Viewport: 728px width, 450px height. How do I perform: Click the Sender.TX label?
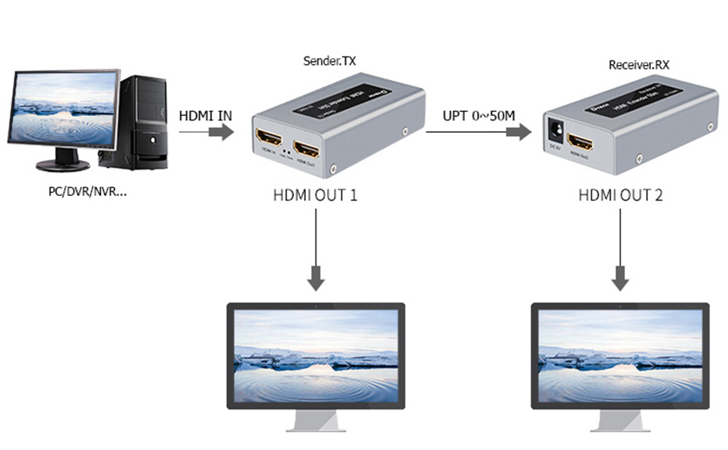[329, 60]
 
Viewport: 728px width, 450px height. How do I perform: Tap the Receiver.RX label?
[640, 65]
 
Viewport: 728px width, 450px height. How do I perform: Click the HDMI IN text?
[205, 116]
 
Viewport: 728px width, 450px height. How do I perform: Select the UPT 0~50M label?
[479, 116]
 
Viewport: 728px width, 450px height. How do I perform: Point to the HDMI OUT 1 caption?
[315, 195]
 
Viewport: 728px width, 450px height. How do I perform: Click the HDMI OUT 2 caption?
[621, 195]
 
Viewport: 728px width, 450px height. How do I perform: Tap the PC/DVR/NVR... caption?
[88, 191]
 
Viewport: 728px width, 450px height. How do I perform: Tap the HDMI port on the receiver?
[583, 143]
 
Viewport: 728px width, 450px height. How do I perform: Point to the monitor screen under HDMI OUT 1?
[316, 355]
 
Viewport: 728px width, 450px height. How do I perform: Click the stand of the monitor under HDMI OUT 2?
[620, 419]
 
